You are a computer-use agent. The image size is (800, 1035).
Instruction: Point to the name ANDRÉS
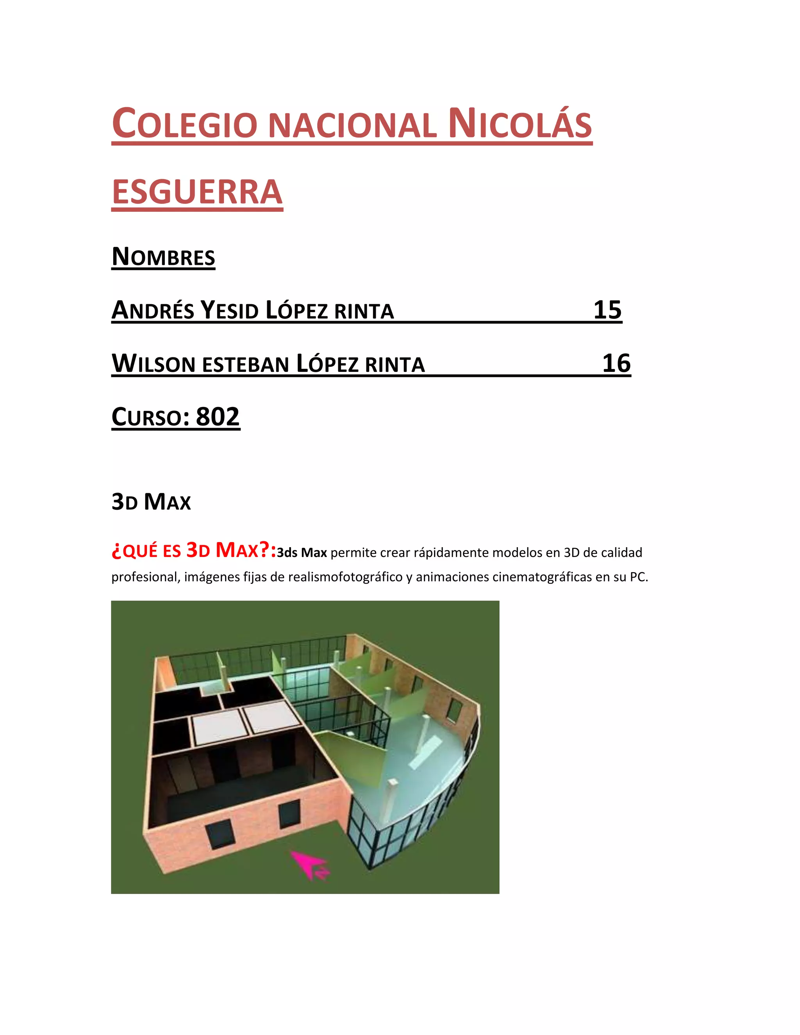click(153, 310)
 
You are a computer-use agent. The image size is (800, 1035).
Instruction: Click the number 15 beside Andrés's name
click(607, 310)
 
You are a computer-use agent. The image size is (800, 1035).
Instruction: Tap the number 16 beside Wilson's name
click(616, 364)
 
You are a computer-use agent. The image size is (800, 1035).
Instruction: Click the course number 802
click(218, 417)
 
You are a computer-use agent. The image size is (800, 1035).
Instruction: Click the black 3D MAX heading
click(151, 502)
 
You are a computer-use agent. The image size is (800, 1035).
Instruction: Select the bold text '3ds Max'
click(302, 553)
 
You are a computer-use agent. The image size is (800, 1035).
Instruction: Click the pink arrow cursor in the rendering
click(309, 863)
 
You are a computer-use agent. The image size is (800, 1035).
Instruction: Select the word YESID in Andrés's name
click(229, 310)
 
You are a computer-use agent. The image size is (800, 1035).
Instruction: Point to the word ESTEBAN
click(245, 364)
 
